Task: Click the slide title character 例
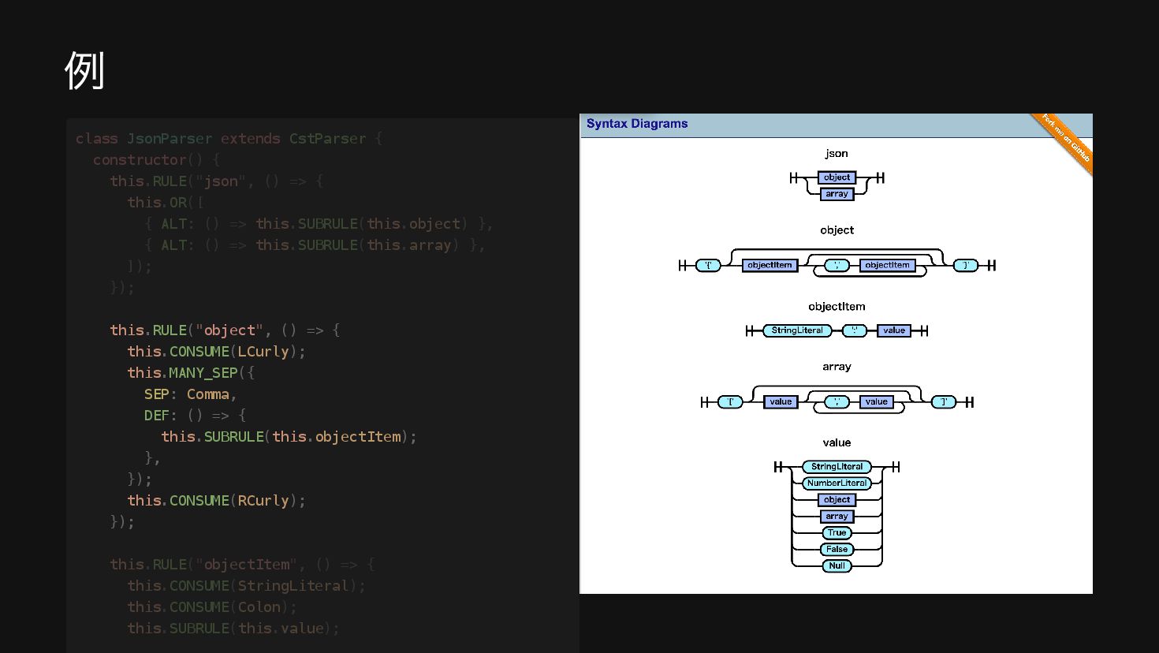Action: [x=84, y=71]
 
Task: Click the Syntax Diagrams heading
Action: [x=636, y=124]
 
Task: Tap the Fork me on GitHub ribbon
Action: [x=1065, y=138]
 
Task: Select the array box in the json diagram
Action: [x=837, y=194]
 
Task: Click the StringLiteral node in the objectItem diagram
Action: [x=797, y=330]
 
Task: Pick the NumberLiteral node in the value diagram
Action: [x=837, y=483]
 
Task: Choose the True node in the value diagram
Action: [x=837, y=533]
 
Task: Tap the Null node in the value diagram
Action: [x=837, y=565]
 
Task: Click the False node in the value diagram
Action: [x=837, y=550]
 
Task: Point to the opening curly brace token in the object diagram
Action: [x=708, y=266]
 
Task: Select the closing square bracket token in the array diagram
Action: [x=944, y=402]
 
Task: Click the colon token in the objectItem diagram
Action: [x=855, y=330]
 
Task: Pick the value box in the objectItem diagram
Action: [x=894, y=330]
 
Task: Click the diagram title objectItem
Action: [x=837, y=307]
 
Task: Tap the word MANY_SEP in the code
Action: [x=203, y=373]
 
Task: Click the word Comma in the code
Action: [x=208, y=394]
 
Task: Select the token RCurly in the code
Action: [x=263, y=501]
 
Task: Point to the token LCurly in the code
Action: [x=263, y=352]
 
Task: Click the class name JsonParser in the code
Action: [x=170, y=139]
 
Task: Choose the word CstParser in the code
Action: [x=327, y=139]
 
